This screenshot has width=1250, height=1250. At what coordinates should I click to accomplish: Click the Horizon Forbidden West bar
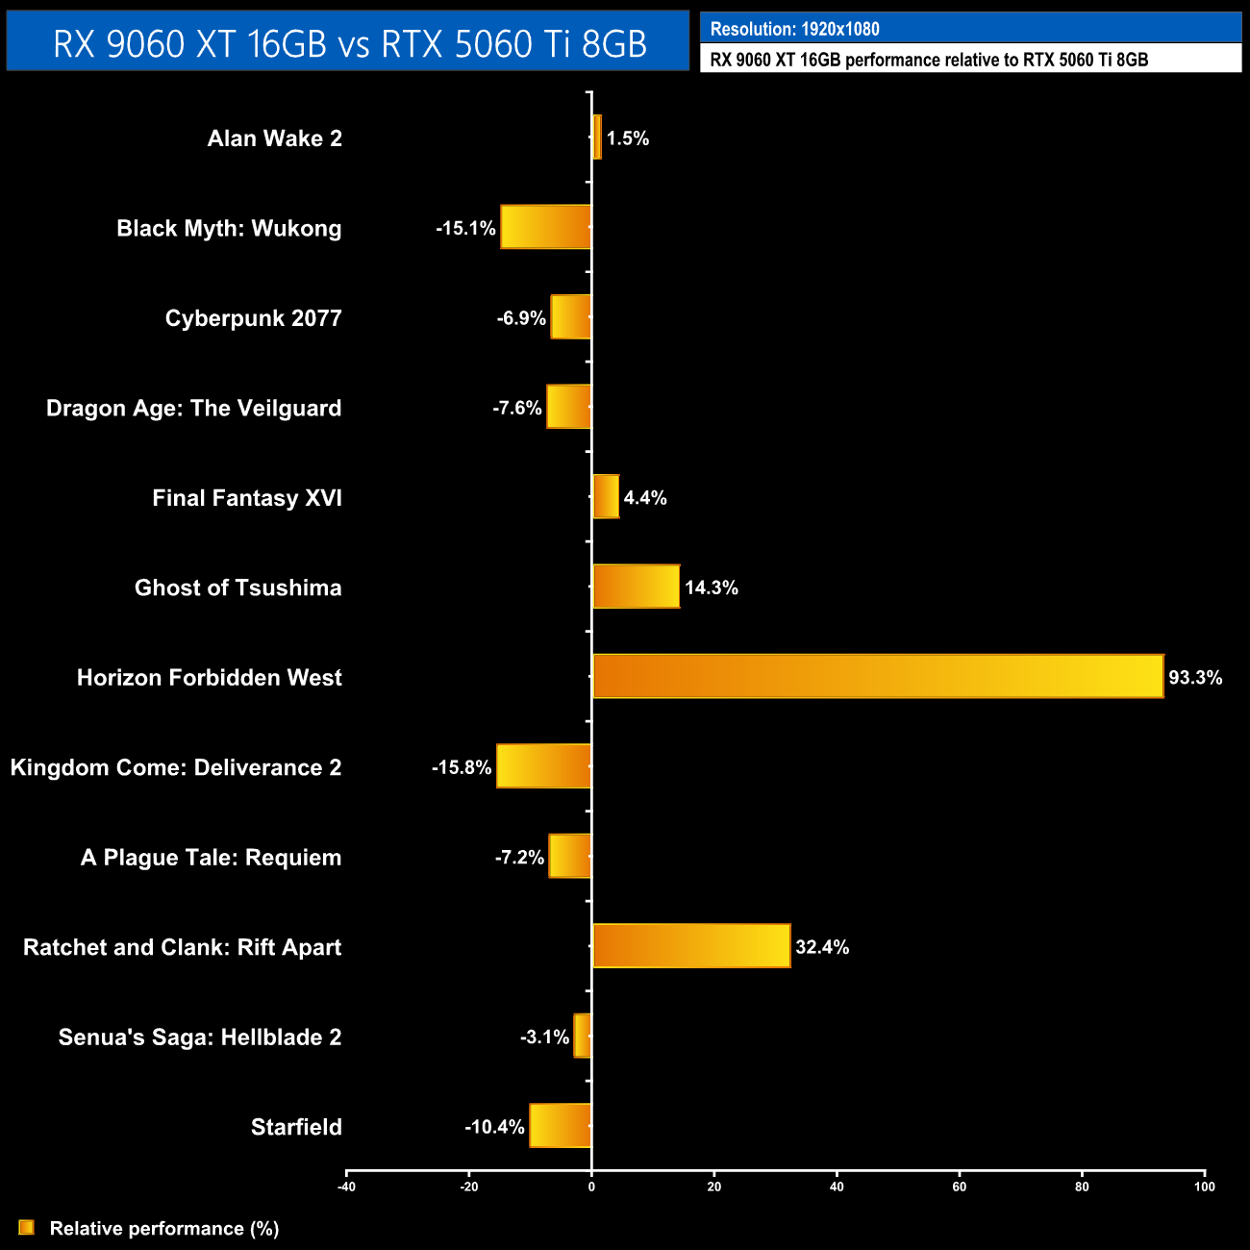pos(878,676)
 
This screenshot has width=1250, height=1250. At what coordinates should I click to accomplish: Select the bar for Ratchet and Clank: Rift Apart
pos(691,946)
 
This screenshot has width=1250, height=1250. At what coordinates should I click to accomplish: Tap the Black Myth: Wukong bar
pos(545,227)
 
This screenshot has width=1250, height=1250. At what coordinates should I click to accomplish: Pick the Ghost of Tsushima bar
pos(636,587)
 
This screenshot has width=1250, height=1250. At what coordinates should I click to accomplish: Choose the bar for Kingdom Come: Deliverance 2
pos(543,766)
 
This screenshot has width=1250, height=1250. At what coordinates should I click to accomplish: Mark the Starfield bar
pos(560,1126)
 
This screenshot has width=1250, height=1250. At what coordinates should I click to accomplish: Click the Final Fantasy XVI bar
pos(606,497)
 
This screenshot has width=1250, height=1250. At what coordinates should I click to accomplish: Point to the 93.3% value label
pos(1195,678)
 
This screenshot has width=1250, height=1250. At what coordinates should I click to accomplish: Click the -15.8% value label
pos(462,767)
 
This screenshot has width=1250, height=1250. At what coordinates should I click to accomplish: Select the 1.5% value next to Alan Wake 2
pos(628,138)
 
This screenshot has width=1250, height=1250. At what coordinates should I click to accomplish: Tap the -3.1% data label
pos(545,1037)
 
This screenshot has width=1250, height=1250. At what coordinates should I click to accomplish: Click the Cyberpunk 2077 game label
pos(253,318)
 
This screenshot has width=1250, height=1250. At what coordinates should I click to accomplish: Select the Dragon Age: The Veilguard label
pos(193,408)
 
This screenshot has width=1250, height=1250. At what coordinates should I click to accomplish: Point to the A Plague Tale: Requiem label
pos(211,858)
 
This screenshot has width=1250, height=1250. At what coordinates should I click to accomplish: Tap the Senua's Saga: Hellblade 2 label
pos(200,1037)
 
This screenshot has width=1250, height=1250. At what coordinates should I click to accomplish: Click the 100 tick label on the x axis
pos(1204,1187)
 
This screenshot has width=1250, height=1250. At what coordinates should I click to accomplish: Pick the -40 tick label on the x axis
pos(346,1187)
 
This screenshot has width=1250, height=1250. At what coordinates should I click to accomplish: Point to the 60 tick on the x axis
pos(959,1187)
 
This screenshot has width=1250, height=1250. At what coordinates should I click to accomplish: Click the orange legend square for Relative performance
pos(26,1228)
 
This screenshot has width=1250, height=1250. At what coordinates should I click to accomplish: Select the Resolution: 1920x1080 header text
pos(794,29)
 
